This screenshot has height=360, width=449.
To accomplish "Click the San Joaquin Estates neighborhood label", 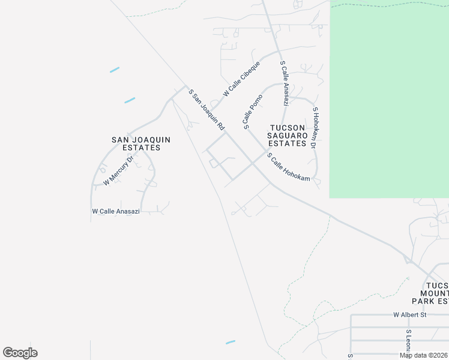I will pos(141,143).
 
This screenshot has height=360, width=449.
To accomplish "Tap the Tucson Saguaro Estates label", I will pos(288,136).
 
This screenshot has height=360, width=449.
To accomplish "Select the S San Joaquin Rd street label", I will pos(206,110).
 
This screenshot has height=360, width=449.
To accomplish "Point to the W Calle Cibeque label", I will pos(241,79).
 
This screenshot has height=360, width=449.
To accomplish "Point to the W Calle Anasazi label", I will pos(116,211).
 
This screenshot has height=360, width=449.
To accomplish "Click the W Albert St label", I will pos(409,314).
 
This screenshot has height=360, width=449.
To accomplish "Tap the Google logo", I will pos(20,353).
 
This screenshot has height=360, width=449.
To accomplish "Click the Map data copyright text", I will pos(424,355).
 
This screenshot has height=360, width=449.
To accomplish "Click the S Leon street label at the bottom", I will pos(408,340).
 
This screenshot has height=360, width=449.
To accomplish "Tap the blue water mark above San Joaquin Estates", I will pos(130,100).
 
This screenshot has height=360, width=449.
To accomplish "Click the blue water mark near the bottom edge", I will pos(231,342).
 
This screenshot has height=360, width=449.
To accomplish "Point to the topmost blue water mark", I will pos(115,70).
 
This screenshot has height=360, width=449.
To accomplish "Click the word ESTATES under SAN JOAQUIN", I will pos(141,148).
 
